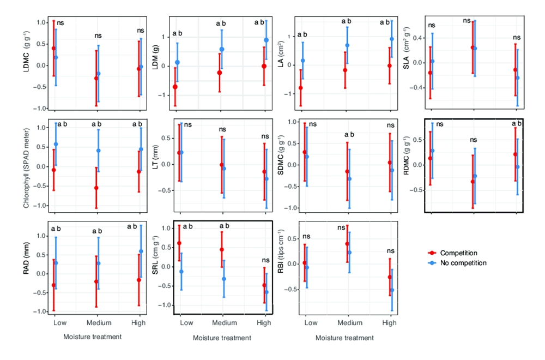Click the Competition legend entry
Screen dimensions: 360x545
click(458, 253)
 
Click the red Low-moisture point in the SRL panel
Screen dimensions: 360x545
click(179, 243)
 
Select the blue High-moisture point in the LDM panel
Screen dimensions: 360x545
click(266, 40)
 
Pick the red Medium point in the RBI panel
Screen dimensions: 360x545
click(347, 244)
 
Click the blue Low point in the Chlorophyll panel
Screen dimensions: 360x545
click(56, 145)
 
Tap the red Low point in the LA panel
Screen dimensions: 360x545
click(300, 88)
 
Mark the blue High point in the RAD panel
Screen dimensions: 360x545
click(141, 251)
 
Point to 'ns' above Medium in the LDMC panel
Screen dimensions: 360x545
click(98, 36)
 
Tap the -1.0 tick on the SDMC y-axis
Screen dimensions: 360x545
click(290, 208)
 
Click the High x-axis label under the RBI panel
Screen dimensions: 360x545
click(389, 323)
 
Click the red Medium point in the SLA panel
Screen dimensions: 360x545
click(473, 47)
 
